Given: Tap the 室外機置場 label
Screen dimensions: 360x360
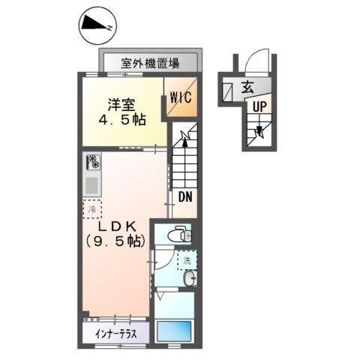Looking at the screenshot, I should point(150,63).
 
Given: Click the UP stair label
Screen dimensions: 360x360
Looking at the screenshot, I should point(259,106).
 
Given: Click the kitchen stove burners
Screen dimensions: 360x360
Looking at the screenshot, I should point(93,161).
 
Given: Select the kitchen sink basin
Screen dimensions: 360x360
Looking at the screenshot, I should point(93,184).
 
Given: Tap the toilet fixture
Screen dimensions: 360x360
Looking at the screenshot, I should point(177,233).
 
